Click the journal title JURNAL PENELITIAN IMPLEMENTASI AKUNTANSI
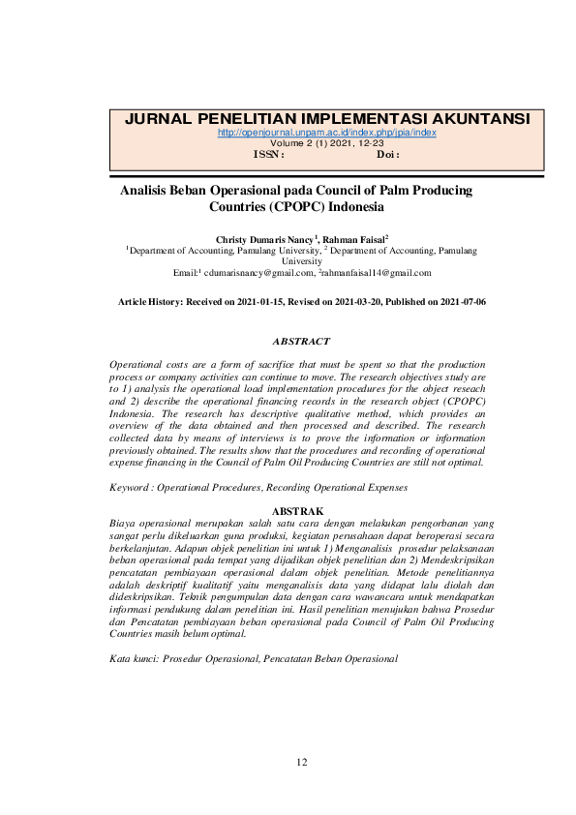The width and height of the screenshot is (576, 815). click(327, 119)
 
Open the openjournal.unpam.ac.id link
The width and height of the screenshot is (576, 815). click(327, 133)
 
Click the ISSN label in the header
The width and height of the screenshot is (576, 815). click(267, 154)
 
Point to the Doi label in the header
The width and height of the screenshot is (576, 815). click(387, 154)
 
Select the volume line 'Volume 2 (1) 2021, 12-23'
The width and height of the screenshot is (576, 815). click(327, 143)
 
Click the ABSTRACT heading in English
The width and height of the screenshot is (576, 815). click(301, 341)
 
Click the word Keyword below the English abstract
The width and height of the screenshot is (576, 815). click(130, 489)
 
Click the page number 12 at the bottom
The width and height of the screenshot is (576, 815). click(301, 763)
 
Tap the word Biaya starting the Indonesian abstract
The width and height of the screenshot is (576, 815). click(123, 522)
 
